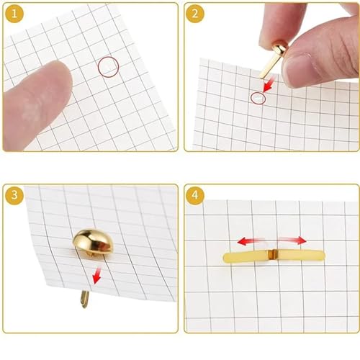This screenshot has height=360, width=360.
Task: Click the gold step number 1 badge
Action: (14, 14)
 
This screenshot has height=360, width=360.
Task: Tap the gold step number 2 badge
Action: (195, 14)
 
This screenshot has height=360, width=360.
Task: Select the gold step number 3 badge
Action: (14, 195)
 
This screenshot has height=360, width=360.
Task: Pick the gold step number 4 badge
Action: (195, 195)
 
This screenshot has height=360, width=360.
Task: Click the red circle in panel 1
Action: (109, 57)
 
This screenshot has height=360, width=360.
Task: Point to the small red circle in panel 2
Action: (258, 93)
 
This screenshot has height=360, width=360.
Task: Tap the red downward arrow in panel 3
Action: (97, 276)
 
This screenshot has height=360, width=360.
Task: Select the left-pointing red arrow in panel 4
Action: (251, 240)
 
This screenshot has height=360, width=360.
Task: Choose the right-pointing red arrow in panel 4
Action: (293, 240)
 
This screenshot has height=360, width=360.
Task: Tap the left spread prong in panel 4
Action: (246, 257)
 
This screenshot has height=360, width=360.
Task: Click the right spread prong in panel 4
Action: (301, 255)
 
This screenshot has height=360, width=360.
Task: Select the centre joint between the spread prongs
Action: (273, 255)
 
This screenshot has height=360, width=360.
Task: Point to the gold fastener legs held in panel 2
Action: (268, 66)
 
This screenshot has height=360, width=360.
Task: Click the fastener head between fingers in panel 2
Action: (279, 48)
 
